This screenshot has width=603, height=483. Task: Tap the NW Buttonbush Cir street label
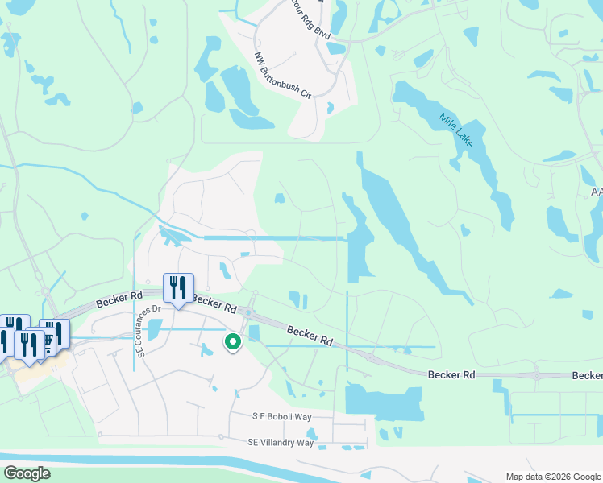pos(282,75)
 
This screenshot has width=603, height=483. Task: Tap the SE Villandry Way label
pos(281,443)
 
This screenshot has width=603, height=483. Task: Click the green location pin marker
pos(233,343)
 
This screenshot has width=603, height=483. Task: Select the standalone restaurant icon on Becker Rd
pos(177,288)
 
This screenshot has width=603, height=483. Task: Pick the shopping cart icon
pos(52,336)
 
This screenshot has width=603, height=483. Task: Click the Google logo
pos(27,473)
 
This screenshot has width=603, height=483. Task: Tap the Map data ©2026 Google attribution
pos(552,476)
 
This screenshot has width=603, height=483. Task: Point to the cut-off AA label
pos(597,192)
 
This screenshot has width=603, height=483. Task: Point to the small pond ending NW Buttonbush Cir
pos(331,106)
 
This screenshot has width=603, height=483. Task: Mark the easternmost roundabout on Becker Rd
pos(538,375)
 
